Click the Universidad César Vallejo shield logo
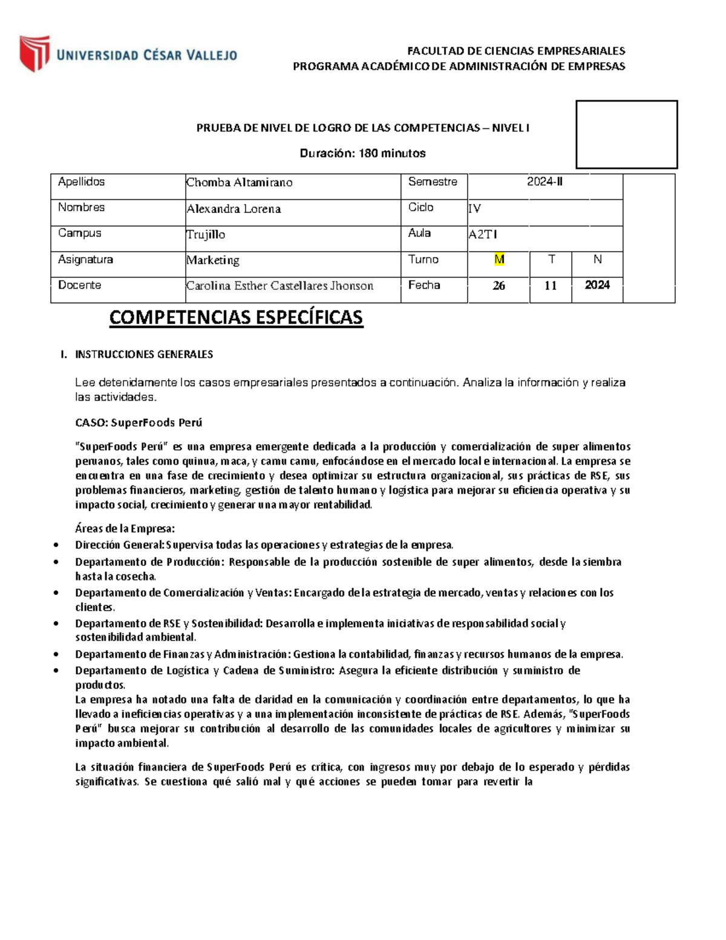34,53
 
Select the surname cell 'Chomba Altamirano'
239,182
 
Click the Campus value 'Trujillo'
206,234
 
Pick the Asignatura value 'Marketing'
213,260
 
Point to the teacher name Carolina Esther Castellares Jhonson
280,286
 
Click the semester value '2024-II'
544,182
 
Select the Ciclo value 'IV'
475,209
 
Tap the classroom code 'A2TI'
483,235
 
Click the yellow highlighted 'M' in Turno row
499,260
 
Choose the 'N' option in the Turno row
597,260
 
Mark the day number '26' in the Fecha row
499,286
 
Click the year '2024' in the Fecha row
597,285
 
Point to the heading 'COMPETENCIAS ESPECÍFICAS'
236,318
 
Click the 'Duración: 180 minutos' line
362,153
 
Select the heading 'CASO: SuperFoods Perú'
139,422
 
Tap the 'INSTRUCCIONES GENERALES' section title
143,354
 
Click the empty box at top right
626,134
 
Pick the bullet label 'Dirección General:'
120,545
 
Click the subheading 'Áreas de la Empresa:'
125,528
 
